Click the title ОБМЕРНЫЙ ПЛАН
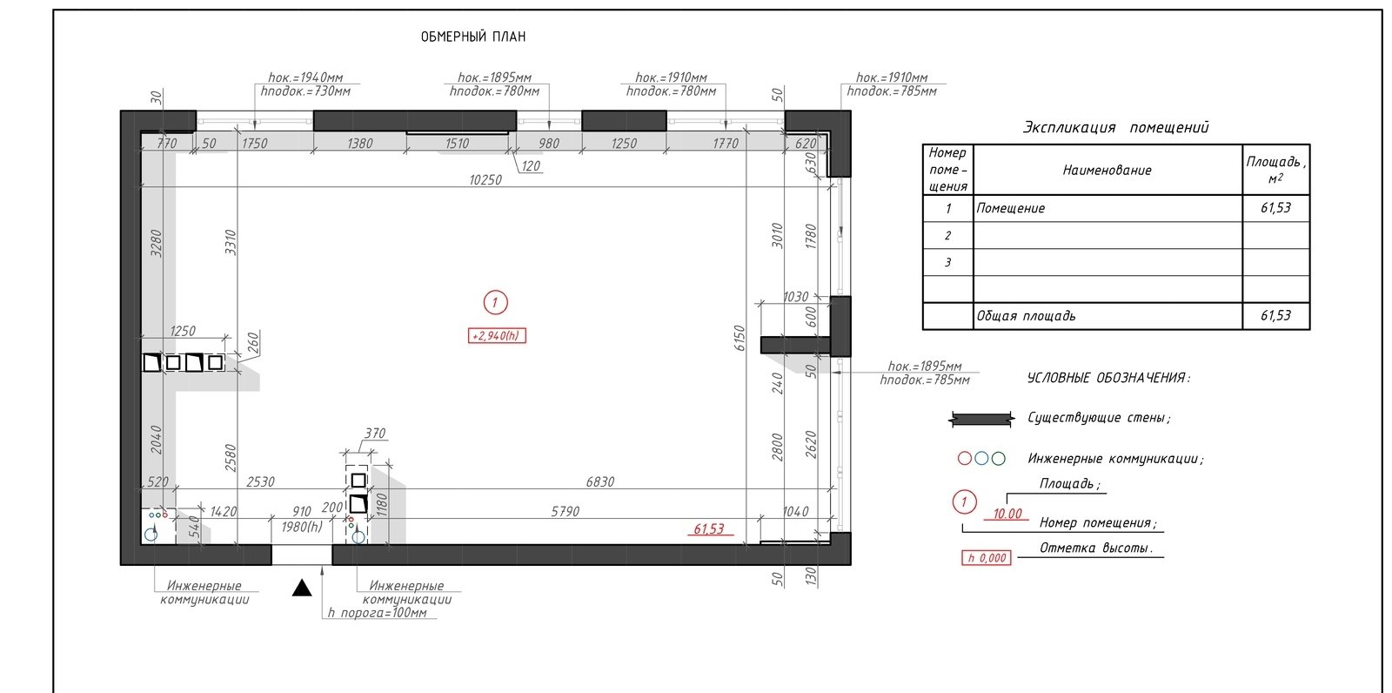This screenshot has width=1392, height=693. pos(473,37)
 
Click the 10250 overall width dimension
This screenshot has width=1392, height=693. pos(485,180)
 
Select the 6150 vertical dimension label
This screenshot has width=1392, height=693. pos(739,338)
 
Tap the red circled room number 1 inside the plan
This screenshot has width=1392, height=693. pos(495,303)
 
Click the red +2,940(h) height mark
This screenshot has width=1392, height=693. pos(497,336)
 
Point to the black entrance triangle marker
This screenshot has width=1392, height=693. pos(302,588)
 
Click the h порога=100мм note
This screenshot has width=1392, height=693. pos(378,613)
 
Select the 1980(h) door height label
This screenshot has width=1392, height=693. pos(302,527)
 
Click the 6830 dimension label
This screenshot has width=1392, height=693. pos(600,481)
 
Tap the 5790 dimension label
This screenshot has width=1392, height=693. pos(565,511)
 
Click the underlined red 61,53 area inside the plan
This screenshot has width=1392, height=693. pos(709,528)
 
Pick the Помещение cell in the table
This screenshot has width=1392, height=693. pos(1010,208)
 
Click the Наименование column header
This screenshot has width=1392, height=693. pos(1108,170)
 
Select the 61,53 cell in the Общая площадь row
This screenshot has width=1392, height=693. pos(1275,315)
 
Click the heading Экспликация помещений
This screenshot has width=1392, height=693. pos(1116,127)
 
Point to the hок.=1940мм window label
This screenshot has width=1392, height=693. pos(305,77)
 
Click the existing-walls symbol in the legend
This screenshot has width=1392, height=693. pos(982,419)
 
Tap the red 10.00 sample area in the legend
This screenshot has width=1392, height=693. pos(1007,514)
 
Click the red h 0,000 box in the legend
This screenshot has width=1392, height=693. pos(987,558)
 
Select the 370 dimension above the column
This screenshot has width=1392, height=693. pos(375,433)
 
